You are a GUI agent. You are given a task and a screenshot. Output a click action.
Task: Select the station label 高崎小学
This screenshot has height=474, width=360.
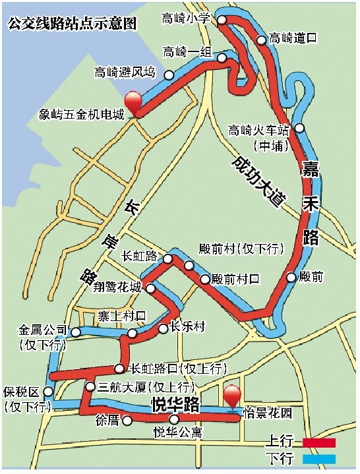(185, 18)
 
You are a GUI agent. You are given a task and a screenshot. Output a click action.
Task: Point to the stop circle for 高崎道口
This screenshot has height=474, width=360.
(261, 40)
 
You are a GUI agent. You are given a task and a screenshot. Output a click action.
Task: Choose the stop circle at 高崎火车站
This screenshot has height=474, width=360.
(299, 128)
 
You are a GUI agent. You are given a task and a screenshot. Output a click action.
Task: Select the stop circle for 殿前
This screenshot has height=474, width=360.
(291, 277)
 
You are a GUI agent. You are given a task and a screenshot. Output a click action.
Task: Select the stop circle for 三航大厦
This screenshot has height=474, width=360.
(90, 386)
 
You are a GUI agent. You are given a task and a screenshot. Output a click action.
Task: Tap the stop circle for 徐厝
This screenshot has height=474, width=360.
(127, 419)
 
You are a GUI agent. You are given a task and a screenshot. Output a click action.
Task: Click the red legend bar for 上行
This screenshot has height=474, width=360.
(320, 442)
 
